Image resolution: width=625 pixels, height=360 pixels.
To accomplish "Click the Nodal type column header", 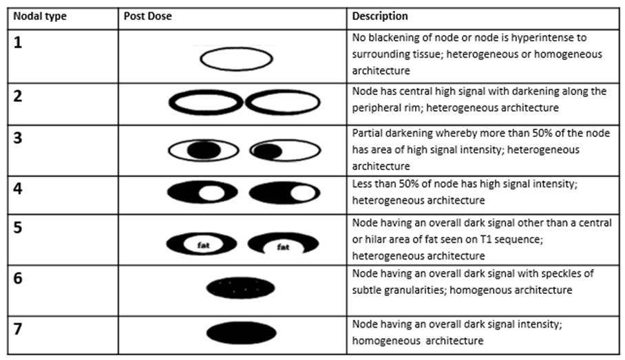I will (40, 17).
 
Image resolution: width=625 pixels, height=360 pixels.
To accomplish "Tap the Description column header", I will (380, 17).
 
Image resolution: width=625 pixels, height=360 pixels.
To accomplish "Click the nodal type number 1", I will (19, 41).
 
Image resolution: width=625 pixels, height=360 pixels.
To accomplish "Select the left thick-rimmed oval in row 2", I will (206, 103).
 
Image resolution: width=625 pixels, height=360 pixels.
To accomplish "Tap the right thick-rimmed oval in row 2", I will (282, 103).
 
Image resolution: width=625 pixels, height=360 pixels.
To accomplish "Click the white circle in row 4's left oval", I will (211, 194).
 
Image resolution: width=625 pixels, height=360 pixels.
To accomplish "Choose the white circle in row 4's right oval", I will (301, 194).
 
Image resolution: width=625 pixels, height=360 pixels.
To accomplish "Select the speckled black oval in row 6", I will (240, 288).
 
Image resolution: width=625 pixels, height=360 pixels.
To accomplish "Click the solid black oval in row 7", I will (240, 332).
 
